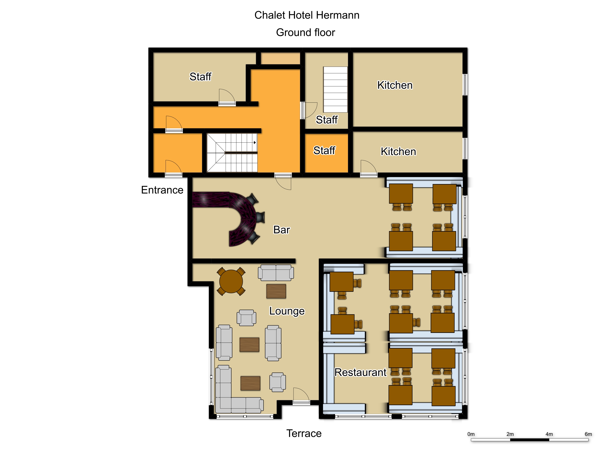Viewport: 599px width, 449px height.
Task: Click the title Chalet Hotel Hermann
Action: [307, 15]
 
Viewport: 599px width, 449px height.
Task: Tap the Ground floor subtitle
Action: [305, 32]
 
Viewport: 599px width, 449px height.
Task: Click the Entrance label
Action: [162, 190]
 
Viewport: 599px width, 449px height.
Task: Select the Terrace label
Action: [304, 433]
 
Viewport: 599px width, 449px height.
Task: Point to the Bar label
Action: [282, 230]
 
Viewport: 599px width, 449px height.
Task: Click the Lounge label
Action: [287, 311]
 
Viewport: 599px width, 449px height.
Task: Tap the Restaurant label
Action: [360, 372]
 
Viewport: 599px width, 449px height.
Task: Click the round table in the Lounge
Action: [231, 281]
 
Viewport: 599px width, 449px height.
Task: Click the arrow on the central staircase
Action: [255, 142]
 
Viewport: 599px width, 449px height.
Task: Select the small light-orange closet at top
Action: [280, 58]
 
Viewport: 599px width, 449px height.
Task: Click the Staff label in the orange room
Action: [324, 151]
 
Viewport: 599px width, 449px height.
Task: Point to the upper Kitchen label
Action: [395, 85]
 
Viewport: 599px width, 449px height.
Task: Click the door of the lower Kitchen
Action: [369, 168]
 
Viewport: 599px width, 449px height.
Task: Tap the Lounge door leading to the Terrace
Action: [301, 396]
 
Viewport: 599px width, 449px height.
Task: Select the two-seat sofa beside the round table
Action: [276, 273]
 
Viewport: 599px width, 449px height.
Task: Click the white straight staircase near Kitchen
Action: [335, 90]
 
